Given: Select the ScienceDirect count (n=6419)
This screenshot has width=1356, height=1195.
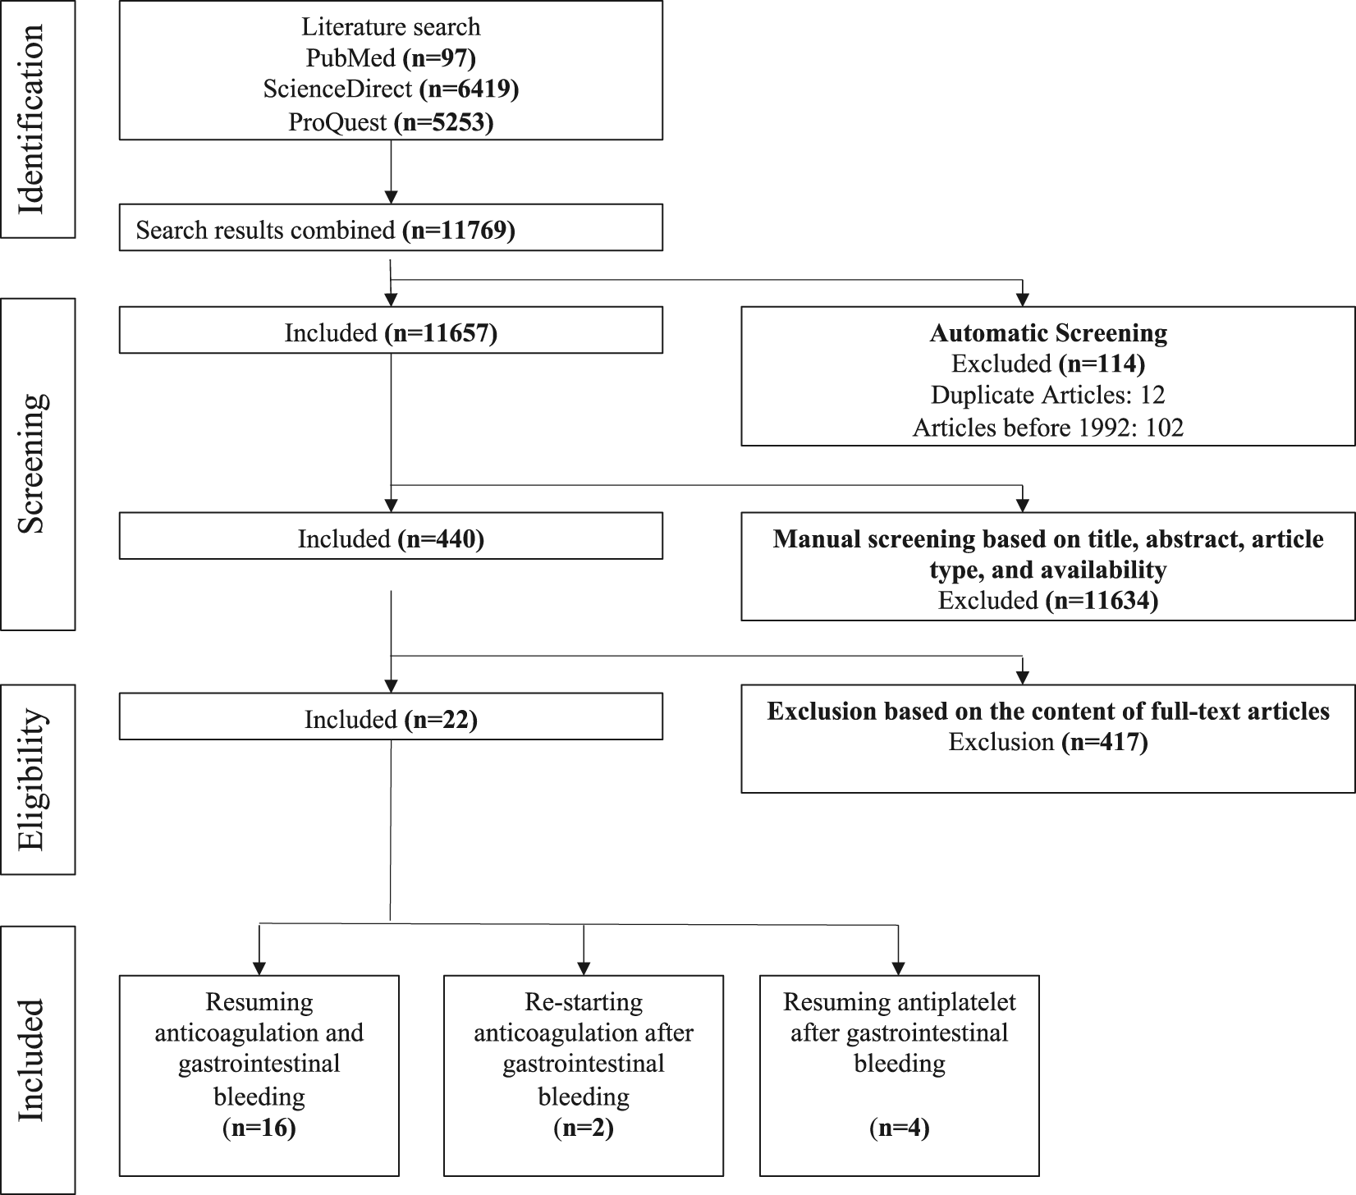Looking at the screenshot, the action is tap(469, 89).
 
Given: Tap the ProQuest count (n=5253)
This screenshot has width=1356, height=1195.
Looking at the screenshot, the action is tap(444, 122).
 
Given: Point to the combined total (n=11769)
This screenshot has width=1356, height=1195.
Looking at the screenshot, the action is tap(459, 230).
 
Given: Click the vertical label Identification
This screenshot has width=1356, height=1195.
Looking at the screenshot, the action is tap(32, 119).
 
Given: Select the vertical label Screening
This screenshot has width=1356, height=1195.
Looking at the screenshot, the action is tap(32, 463).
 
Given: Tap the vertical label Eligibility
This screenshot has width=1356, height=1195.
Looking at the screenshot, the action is tap(32, 779).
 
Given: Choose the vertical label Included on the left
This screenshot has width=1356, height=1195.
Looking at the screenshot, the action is tap(32, 1060).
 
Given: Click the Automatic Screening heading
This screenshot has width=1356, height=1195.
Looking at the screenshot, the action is tap(1048, 332).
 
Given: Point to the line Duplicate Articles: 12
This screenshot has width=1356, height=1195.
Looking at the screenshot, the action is tap(1048, 396).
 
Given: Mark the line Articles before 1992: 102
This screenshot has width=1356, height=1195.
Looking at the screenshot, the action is tap(1048, 428).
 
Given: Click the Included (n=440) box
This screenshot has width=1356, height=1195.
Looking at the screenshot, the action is tap(391, 536).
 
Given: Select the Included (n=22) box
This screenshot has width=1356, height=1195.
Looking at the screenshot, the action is tap(391, 717).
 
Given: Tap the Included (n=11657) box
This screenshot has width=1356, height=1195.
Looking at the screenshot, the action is tap(391, 330).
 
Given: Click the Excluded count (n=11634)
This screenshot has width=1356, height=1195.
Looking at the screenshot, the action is tap(1102, 601).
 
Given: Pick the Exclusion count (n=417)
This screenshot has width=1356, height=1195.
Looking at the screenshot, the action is tap(1104, 742).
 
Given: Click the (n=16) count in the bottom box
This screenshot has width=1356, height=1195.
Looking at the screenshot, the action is tap(259, 1129).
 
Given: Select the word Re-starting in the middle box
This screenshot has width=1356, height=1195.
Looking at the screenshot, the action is tap(584, 1002).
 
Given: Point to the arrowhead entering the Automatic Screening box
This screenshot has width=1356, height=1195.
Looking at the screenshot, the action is tap(1022, 299).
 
